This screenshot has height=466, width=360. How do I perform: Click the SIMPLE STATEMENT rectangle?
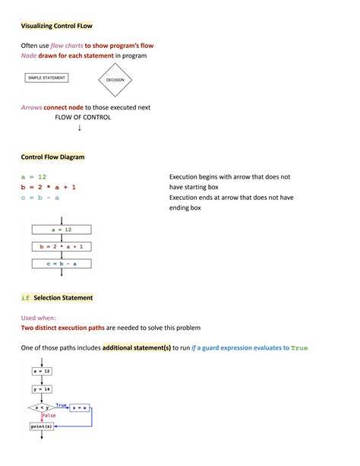tap(47, 78)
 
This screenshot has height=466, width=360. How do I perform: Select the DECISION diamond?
tap(115, 80)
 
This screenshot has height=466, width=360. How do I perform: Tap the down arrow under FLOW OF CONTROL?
tap(80, 128)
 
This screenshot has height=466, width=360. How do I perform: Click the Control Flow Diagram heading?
tap(52, 157)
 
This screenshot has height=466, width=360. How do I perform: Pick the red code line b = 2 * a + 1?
tap(49, 187)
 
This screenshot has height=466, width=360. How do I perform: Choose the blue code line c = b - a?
tap(41, 198)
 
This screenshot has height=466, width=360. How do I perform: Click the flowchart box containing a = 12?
tap(62, 229)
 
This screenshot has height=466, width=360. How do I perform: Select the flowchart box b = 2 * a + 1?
tap(62, 246)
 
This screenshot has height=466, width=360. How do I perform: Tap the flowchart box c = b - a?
tap(62, 263)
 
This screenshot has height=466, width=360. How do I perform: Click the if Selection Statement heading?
tap(56, 298)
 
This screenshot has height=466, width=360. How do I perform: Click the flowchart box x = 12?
tap(41, 371)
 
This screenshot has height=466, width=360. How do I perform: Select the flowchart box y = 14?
tap(41, 389)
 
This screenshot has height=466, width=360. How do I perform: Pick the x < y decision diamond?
tap(41, 408)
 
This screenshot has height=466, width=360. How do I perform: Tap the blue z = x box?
tap(80, 408)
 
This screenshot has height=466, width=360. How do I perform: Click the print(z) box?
tap(41, 426)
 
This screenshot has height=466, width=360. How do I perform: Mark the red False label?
tap(49, 416)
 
